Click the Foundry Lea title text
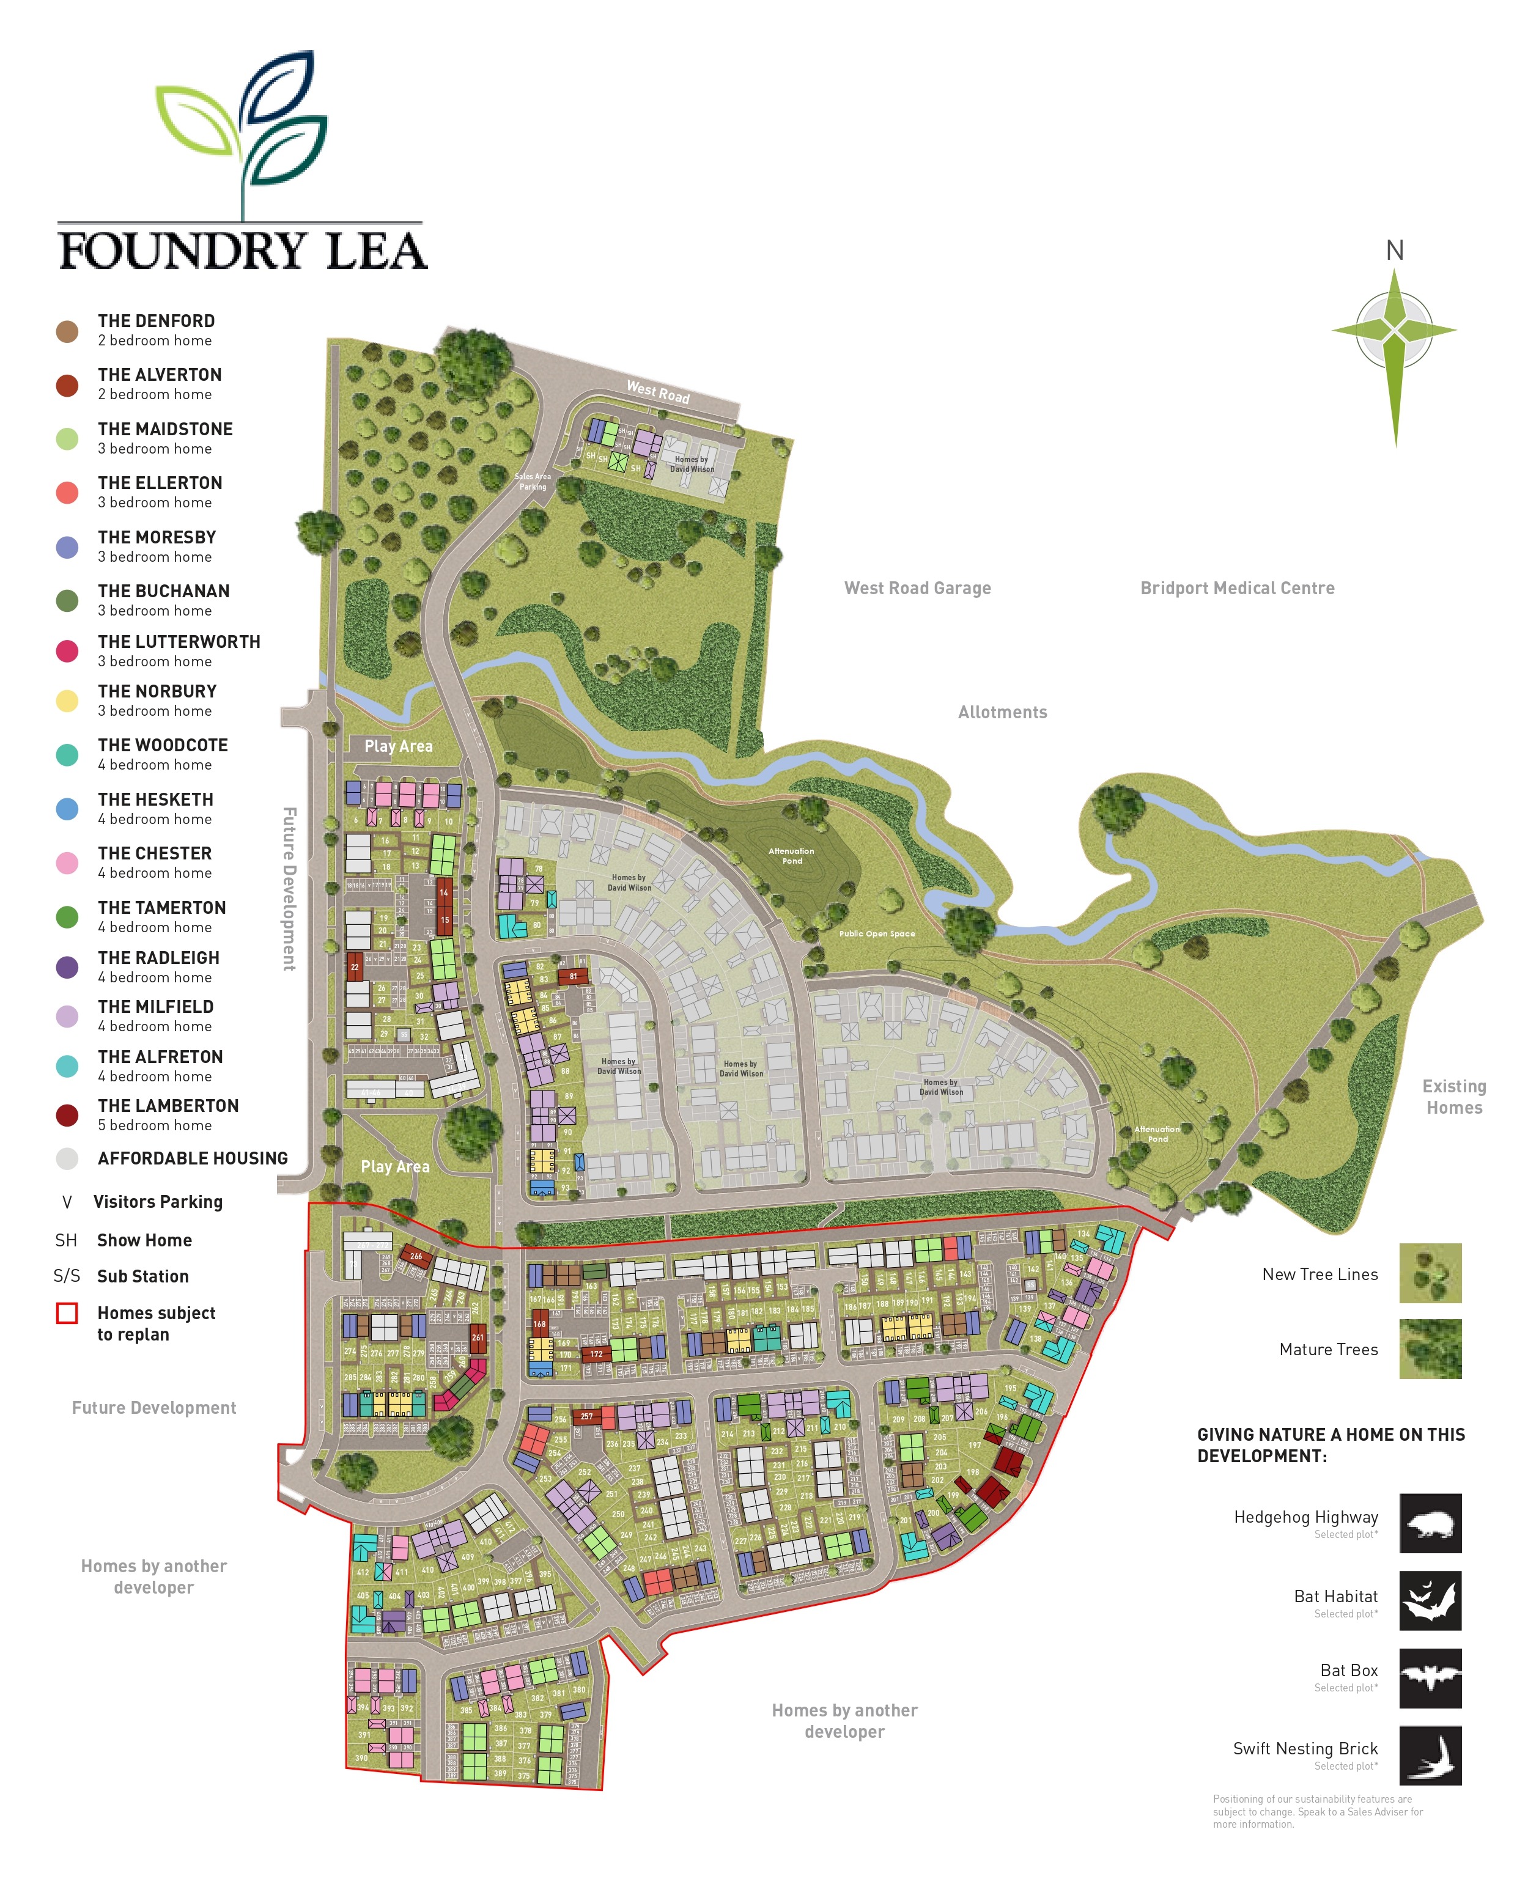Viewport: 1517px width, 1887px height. [243, 251]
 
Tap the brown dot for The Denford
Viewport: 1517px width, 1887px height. [67, 332]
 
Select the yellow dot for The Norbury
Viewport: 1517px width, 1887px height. [67, 701]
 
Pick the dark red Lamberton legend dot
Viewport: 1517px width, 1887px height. [67, 1116]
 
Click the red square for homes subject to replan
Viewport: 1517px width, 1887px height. [67, 1313]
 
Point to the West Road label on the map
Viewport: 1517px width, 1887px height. [657, 392]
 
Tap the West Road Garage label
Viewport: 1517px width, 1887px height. [917, 588]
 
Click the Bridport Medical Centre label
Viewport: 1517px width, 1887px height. [1237, 588]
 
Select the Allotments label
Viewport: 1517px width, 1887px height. [1002, 713]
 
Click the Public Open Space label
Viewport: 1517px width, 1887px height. [877, 934]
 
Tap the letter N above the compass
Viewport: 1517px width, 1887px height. [1395, 251]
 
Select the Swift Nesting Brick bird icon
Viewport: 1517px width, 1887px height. [1430, 1755]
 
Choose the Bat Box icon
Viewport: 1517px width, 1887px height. [1430, 1678]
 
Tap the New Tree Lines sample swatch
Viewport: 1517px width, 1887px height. [1430, 1273]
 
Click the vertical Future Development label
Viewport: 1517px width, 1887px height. [289, 888]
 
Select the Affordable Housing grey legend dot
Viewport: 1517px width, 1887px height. [67, 1159]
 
